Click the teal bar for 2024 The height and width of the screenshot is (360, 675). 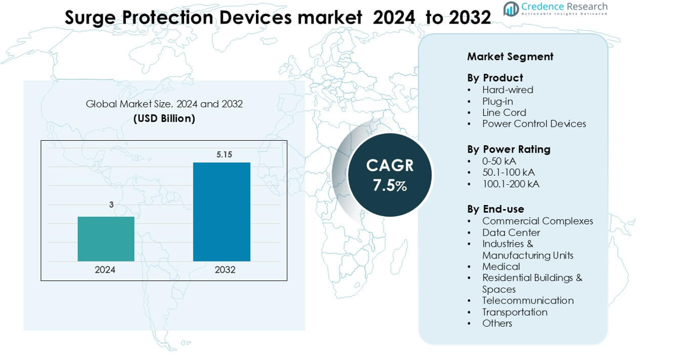point(106,239)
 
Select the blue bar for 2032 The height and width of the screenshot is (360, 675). point(221,211)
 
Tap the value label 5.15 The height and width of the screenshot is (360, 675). point(224,154)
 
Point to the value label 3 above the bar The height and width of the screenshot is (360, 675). point(111,205)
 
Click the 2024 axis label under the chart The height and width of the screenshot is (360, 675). point(105,270)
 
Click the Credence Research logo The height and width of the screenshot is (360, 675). point(555,8)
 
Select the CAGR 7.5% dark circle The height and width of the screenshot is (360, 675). point(389,175)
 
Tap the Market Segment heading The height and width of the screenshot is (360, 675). point(510,56)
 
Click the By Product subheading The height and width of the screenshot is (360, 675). point(495,78)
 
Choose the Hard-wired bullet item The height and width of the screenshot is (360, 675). point(508,90)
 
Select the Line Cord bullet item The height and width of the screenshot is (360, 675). point(504,112)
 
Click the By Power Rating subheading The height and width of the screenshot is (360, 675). point(509,149)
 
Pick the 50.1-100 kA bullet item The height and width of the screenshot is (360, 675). point(508,172)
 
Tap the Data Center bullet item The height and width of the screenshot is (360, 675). point(511,232)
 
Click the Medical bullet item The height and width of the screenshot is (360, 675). point(501,267)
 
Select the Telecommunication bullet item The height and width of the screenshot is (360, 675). point(528,301)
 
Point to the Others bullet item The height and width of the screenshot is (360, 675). point(497,323)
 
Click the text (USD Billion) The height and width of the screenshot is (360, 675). point(164,118)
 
